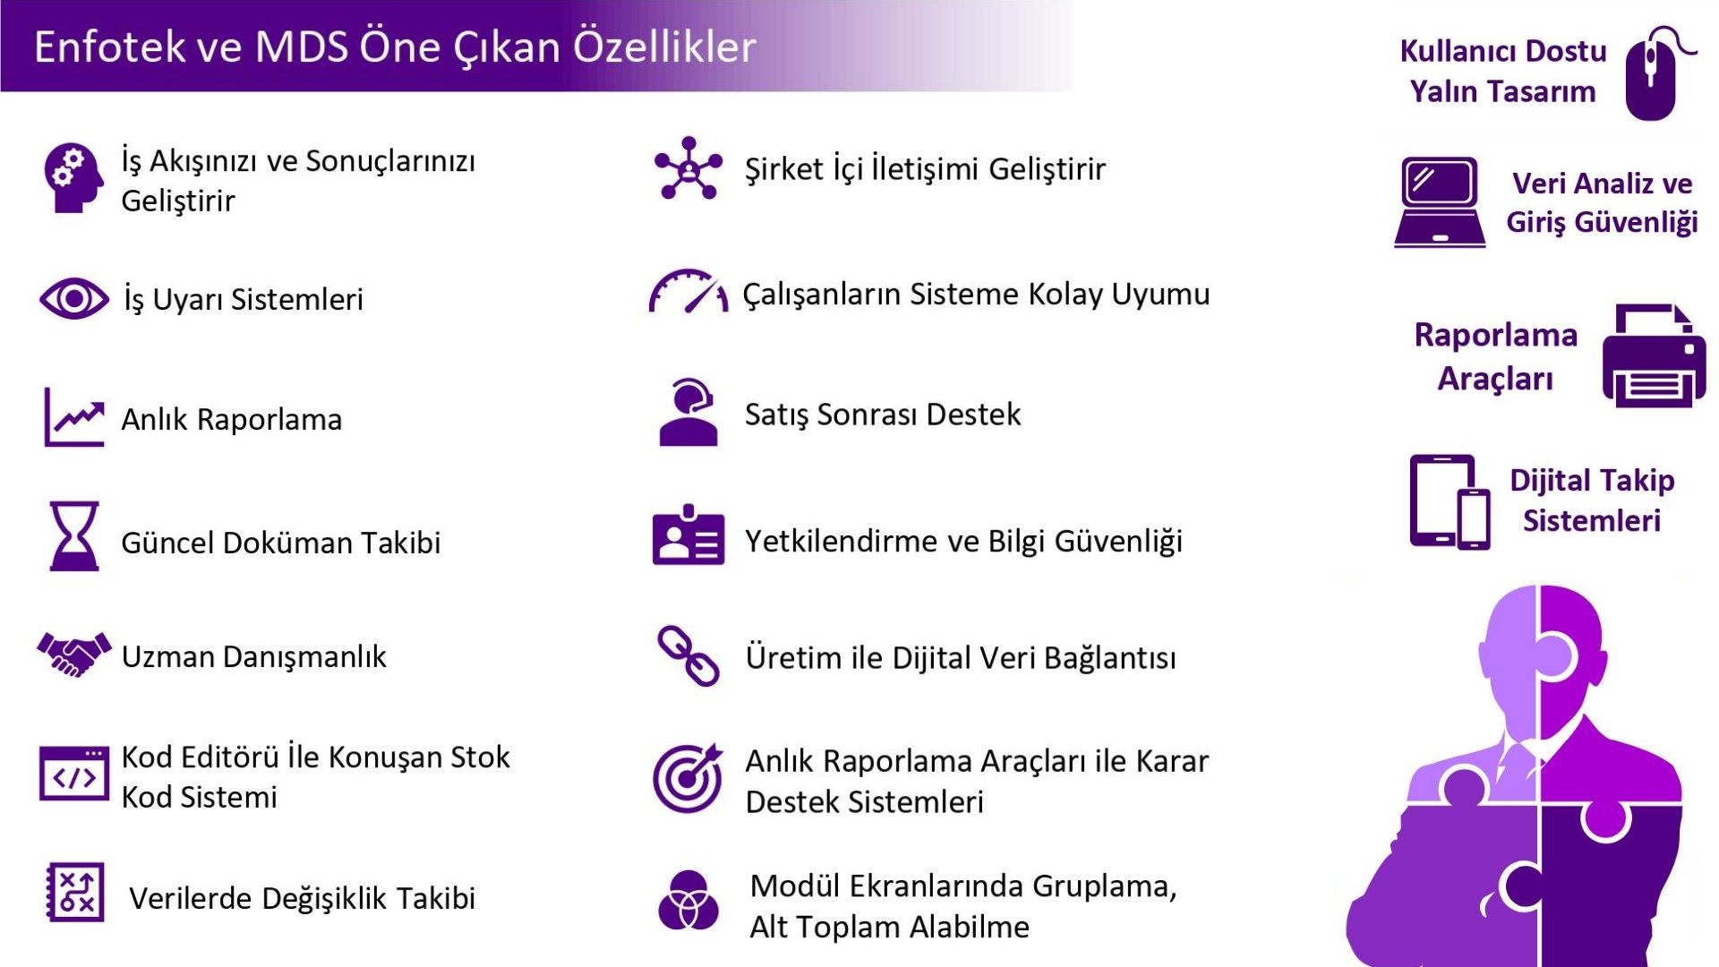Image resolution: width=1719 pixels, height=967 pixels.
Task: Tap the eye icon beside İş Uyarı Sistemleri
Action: tap(74, 298)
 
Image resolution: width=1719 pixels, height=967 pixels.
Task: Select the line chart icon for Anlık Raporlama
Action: tap(74, 416)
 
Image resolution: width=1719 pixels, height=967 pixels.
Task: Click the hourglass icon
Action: tap(74, 536)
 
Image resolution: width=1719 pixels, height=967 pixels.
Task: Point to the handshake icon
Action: tap(74, 655)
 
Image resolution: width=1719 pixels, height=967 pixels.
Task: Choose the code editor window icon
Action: tap(74, 774)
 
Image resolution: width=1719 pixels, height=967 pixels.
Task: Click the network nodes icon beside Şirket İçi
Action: tap(688, 167)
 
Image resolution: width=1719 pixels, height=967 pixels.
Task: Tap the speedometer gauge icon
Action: tap(688, 292)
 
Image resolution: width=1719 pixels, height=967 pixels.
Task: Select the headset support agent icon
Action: tap(688, 412)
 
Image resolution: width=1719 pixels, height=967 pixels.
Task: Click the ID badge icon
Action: tap(688, 535)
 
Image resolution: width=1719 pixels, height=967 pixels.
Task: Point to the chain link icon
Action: tap(688, 655)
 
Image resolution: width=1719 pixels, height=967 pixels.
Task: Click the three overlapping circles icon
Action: tap(688, 901)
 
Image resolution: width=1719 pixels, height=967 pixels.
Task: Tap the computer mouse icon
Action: tap(1653, 73)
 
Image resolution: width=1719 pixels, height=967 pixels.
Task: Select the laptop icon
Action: tap(1440, 202)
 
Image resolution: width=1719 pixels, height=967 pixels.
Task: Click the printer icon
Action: tap(1653, 356)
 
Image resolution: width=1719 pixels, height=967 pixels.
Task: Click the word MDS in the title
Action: tap(301, 47)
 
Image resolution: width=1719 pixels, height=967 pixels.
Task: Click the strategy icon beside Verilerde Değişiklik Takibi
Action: tap(75, 893)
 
